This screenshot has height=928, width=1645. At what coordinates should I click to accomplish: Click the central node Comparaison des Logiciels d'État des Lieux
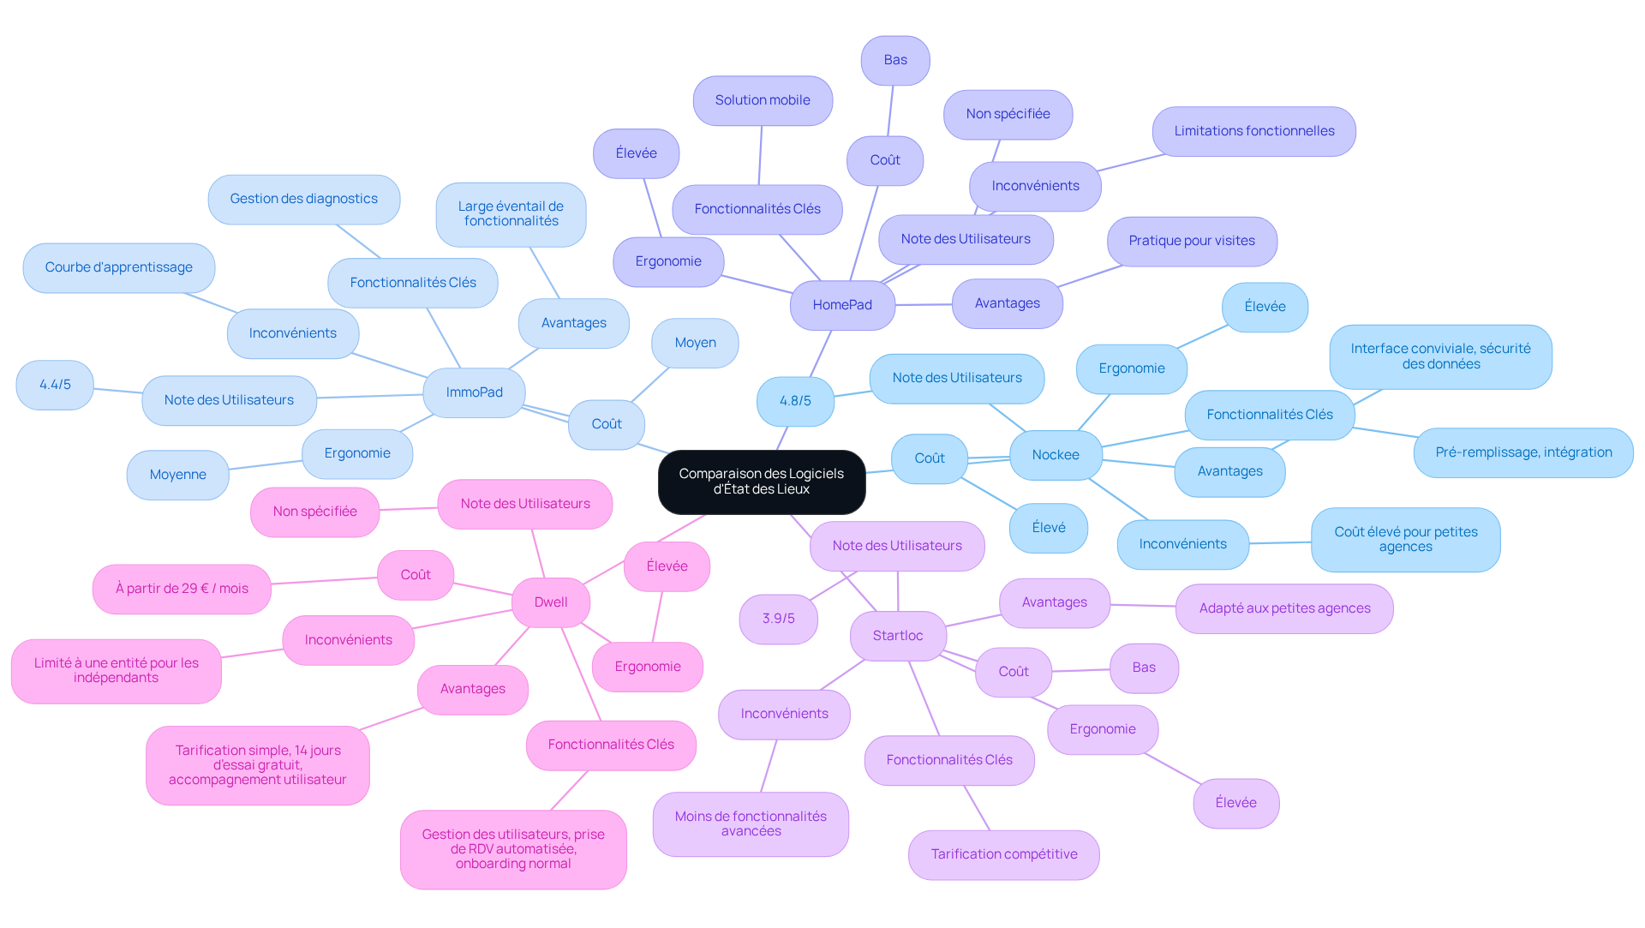click(762, 482)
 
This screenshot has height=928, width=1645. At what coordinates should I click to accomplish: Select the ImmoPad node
click(474, 392)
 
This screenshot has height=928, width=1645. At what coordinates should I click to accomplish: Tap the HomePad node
click(842, 305)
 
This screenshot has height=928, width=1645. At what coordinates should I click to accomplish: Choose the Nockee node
click(1056, 455)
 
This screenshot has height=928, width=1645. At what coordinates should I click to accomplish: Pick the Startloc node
click(898, 636)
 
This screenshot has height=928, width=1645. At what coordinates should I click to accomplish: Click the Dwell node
click(551, 602)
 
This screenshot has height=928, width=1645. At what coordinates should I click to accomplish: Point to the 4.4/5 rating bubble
click(55, 385)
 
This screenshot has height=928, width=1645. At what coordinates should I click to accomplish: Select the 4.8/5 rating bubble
click(795, 401)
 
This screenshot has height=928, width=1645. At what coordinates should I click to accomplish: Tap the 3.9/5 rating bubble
click(779, 619)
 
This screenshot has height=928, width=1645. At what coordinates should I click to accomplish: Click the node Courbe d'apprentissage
click(119, 267)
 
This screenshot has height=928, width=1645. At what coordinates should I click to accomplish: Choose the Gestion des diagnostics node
click(304, 199)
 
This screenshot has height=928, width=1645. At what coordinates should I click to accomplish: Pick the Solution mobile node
click(763, 100)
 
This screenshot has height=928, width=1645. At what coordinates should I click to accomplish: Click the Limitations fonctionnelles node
click(1254, 131)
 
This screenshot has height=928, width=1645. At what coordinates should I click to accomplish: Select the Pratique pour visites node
click(1192, 241)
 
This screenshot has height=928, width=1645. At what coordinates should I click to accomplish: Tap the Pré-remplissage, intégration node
click(1523, 452)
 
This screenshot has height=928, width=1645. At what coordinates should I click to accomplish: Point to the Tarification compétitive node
click(1004, 854)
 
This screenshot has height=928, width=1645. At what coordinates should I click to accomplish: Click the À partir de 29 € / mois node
click(182, 589)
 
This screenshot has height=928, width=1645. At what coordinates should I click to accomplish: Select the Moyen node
click(695, 343)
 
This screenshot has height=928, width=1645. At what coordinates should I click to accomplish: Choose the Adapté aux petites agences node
click(1284, 608)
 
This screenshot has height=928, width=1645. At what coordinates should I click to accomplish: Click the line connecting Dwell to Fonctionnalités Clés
click(582, 674)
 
